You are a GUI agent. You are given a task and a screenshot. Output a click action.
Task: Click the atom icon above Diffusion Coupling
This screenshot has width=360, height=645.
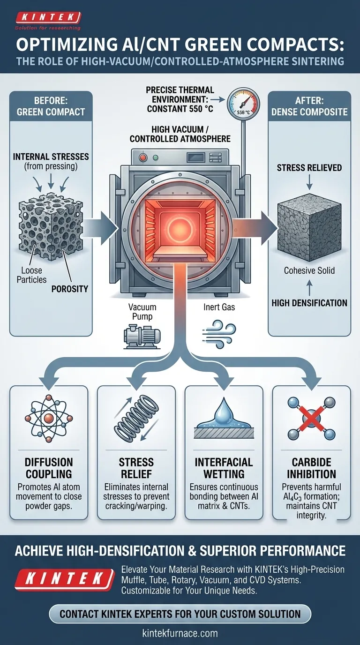48,416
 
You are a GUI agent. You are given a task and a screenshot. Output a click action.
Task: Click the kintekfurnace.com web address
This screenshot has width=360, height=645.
180,633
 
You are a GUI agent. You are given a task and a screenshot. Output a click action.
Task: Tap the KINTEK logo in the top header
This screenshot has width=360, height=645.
48,18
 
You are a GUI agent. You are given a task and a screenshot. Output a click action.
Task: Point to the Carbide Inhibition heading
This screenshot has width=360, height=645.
311,467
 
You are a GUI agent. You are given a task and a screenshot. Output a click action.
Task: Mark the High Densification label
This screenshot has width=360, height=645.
309,303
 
